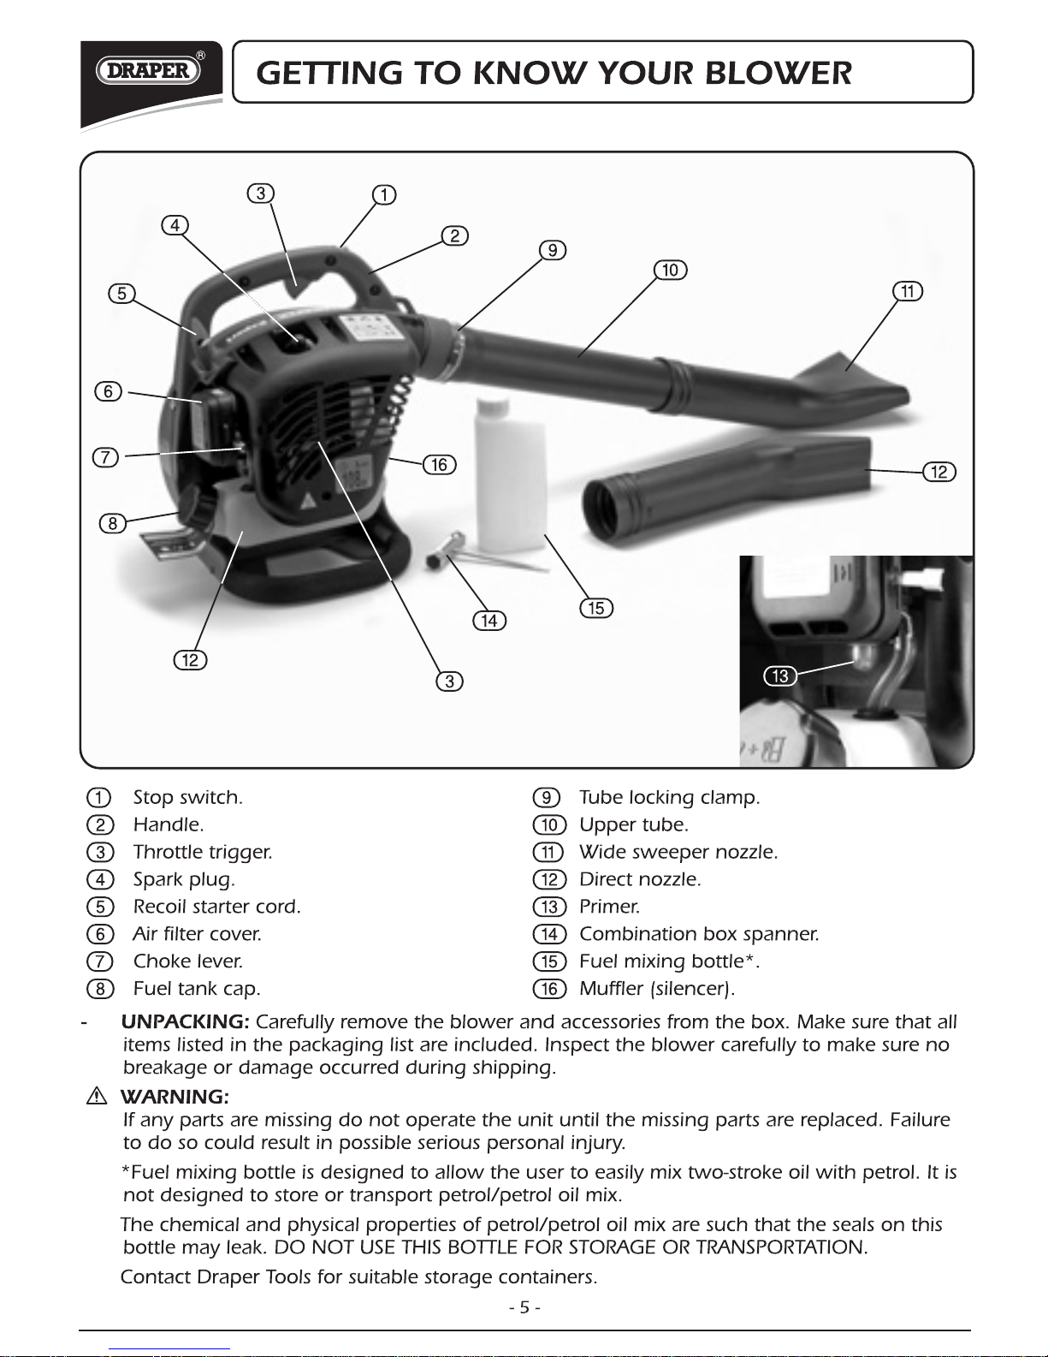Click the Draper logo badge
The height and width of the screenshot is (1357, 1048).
pos(150,70)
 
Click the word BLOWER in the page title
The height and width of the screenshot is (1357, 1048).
pos(778,73)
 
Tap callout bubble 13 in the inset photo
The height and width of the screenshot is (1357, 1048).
pos(779,676)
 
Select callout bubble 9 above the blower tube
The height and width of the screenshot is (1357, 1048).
pos(553,250)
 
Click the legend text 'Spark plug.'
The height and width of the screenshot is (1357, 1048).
pos(184,879)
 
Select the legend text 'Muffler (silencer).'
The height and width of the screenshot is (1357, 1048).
pos(657,989)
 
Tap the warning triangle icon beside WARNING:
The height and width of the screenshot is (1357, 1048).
pos(97,1096)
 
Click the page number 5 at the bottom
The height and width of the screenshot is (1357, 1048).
pos(524,1307)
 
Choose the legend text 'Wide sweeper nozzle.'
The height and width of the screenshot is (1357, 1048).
pos(678,852)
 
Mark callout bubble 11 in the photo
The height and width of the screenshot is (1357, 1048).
pos(907,291)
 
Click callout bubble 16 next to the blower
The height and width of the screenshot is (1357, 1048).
pos(439,464)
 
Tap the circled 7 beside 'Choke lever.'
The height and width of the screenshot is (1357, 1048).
pos(100,961)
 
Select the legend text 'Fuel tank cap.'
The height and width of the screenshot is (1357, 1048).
pos(197,989)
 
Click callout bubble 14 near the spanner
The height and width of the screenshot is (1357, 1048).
pos(489,620)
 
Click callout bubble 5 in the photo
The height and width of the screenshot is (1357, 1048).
pos(122,294)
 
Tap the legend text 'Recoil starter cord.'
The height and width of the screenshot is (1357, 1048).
pos(217,907)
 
